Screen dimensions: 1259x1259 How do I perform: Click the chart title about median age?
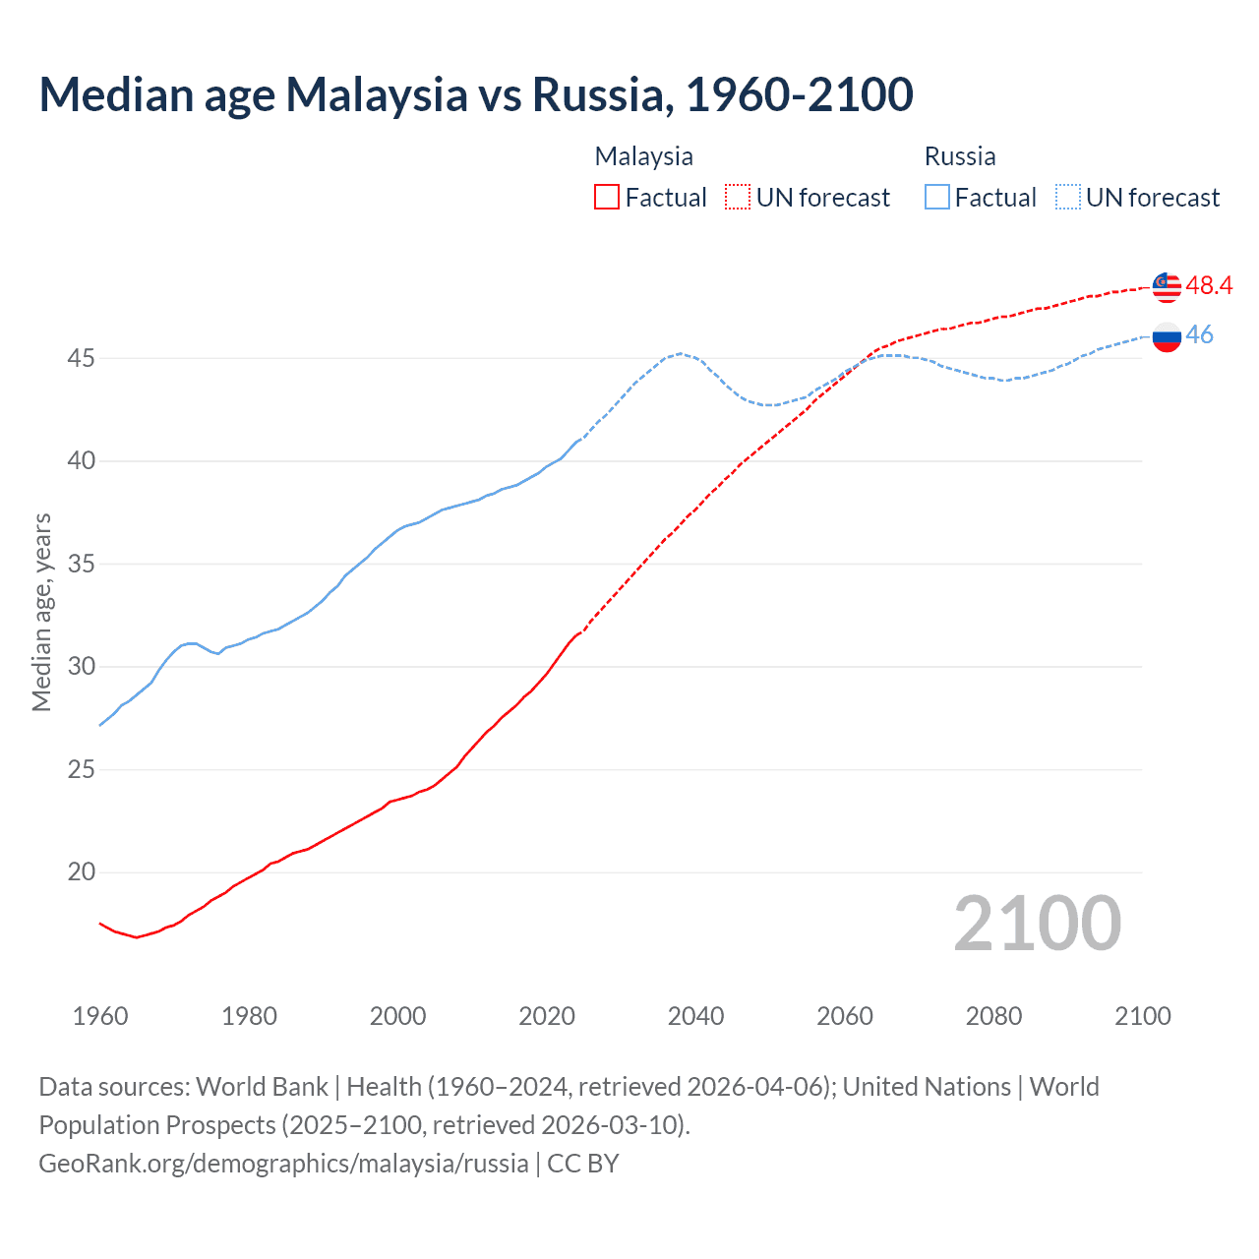click(x=476, y=94)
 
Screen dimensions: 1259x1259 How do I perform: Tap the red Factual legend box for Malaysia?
click(x=607, y=197)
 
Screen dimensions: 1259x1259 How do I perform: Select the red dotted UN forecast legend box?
click(x=738, y=197)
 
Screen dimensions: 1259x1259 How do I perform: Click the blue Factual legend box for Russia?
click(x=937, y=197)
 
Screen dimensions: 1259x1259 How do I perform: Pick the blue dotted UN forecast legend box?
click(x=1068, y=197)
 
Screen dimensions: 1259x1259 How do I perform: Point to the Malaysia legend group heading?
click(x=643, y=156)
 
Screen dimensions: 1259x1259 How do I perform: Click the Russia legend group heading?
click(x=960, y=156)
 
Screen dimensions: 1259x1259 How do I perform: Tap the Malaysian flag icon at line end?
click(x=1167, y=286)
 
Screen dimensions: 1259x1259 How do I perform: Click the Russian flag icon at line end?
click(x=1167, y=336)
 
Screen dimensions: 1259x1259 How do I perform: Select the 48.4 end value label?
click(x=1209, y=285)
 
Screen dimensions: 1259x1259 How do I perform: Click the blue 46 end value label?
click(x=1199, y=334)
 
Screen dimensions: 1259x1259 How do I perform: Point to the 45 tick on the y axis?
click(x=81, y=358)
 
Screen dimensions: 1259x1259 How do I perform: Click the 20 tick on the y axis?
click(x=81, y=872)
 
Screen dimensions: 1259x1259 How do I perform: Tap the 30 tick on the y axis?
click(x=81, y=667)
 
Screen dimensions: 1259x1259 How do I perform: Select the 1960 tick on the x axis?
click(x=100, y=1016)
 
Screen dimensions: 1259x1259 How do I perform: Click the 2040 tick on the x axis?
click(x=695, y=1016)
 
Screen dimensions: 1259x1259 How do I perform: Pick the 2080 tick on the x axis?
click(x=993, y=1016)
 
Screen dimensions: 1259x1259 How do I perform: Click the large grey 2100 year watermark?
click(x=1037, y=923)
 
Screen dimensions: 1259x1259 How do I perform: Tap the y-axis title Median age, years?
click(x=41, y=612)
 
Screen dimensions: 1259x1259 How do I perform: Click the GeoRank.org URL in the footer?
click(x=283, y=1164)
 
